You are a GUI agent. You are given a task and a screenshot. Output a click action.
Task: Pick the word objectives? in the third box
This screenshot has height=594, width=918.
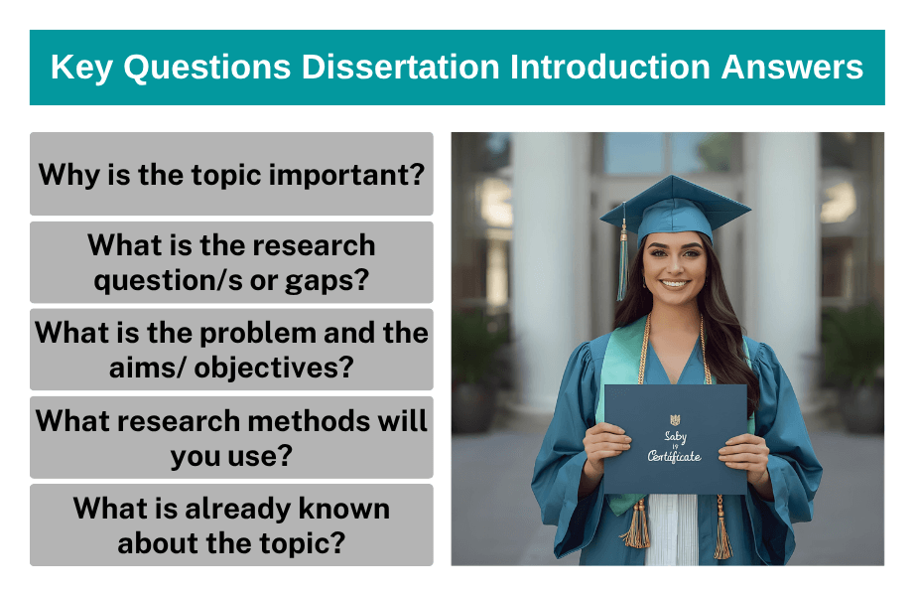click(274, 368)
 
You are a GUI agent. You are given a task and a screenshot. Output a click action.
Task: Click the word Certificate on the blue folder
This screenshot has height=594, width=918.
click(674, 456)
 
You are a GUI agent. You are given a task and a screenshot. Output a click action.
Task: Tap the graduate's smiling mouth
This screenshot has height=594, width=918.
click(675, 283)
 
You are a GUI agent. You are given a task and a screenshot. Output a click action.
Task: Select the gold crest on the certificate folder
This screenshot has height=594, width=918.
click(675, 419)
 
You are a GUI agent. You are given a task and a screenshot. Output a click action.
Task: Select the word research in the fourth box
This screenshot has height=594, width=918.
click(162, 420)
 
